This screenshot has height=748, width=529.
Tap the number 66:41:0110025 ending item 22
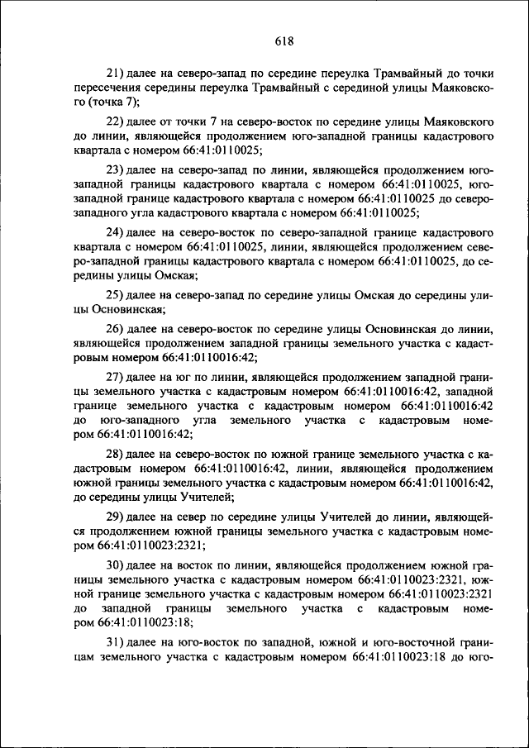221,150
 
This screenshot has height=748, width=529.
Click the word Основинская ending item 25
129,309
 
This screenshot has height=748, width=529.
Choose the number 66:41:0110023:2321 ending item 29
151,546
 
